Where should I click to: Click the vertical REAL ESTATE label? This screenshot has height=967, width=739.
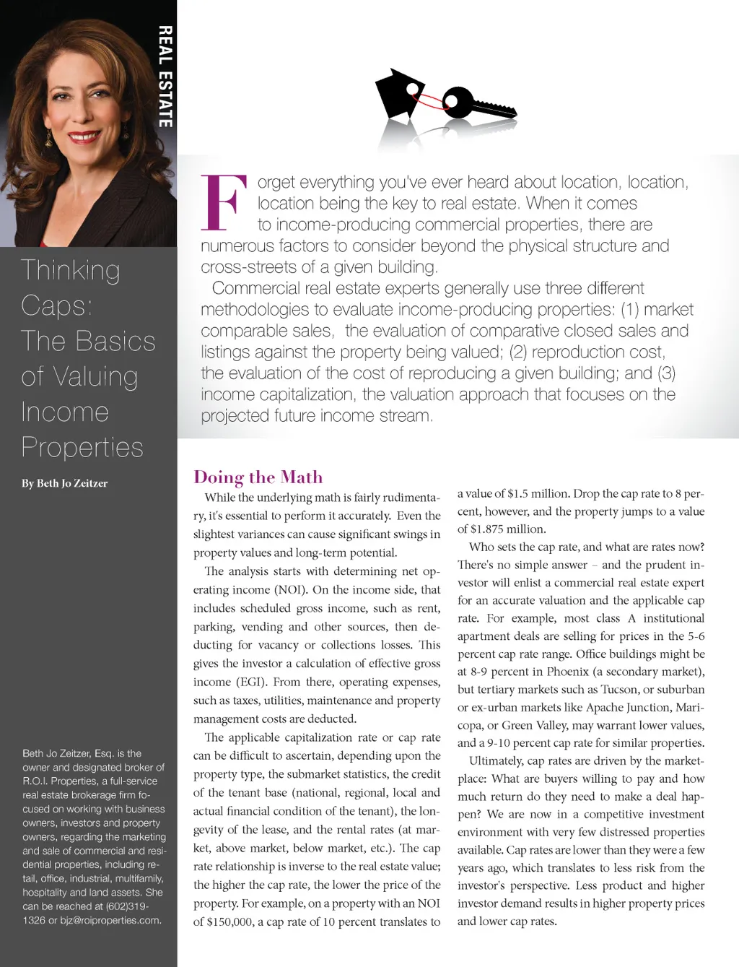click(x=165, y=77)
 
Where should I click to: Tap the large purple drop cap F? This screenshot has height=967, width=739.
click(x=220, y=202)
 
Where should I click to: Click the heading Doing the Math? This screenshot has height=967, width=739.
click(x=258, y=477)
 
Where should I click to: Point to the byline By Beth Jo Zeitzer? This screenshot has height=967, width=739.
click(x=64, y=483)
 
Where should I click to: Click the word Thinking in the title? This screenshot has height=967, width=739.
click(x=71, y=270)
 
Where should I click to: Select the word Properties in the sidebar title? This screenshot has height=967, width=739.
click(x=82, y=447)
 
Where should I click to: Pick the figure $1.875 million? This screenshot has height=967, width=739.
click(x=502, y=529)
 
